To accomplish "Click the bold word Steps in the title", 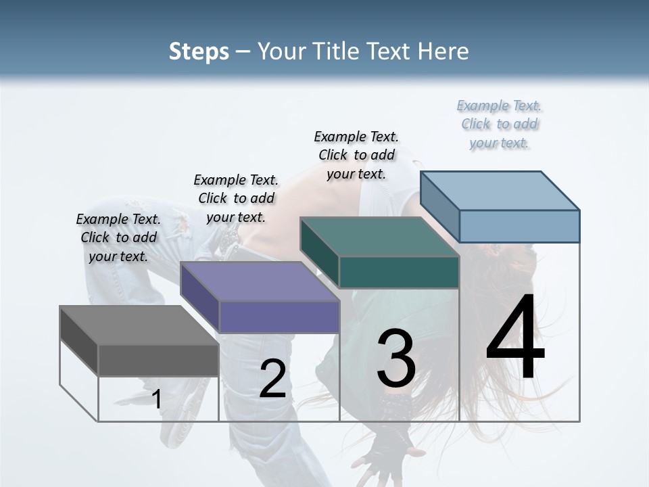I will [x=199, y=51].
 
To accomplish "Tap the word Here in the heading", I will [x=443, y=51].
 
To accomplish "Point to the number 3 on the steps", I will [x=395, y=358].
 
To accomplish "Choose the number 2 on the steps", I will [x=272, y=379].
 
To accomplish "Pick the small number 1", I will [x=156, y=399].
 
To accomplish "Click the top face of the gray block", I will [x=139, y=325].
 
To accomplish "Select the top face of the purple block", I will [x=260, y=281].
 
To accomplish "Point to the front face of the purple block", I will [x=279, y=317].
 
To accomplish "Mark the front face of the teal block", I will [x=399, y=272].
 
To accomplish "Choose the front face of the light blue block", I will [x=519, y=226].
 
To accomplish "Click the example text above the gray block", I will [x=118, y=237].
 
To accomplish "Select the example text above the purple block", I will [x=236, y=198].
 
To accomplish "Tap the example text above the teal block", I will [x=356, y=155].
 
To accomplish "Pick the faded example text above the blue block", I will [x=499, y=124].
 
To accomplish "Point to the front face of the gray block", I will [x=158, y=360].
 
